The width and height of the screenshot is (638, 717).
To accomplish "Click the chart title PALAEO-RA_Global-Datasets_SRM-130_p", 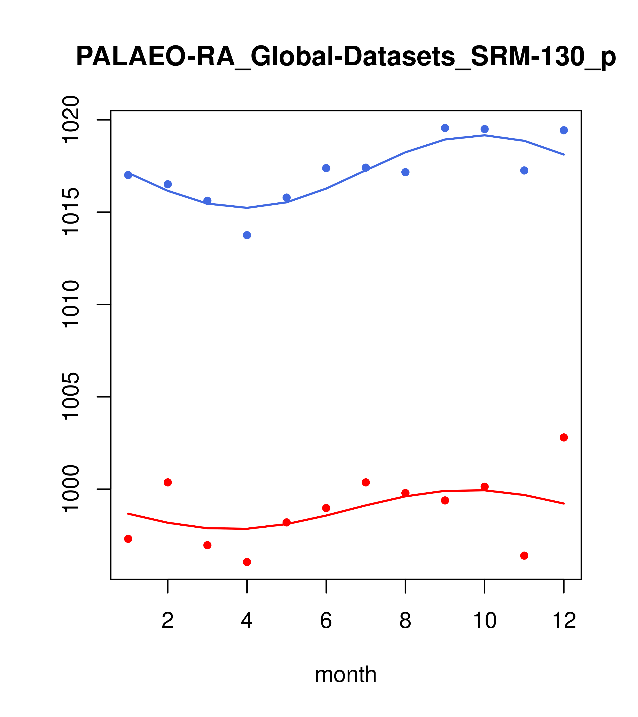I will pos(346,57).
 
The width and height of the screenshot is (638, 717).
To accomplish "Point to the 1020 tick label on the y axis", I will pos(70,120).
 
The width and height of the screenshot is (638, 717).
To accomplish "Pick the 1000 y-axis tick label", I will pos(70,489).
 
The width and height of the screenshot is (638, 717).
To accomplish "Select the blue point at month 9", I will pos(445,128).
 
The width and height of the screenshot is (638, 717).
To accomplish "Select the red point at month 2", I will pos(168,482).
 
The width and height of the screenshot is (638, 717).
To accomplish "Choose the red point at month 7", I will pos(366,482).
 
